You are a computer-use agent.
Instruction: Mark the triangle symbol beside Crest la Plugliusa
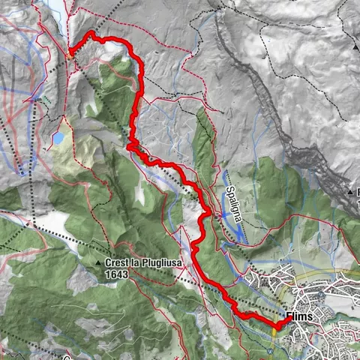(100, 263)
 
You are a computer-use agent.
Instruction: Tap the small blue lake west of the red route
(58, 139)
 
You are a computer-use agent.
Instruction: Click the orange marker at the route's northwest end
(71, 52)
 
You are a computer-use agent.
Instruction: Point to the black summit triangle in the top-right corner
(354, 46)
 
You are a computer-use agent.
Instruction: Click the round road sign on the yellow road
(270, 349)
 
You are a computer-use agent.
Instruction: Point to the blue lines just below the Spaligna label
(232, 229)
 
